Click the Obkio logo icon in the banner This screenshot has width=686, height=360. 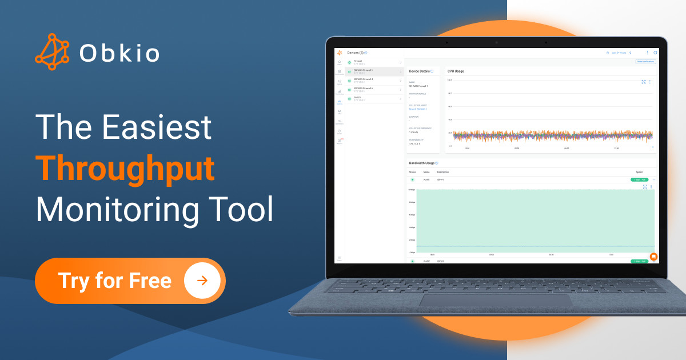[53, 52]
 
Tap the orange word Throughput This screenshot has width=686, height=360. [125, 169]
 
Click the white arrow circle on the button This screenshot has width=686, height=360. [202, 281]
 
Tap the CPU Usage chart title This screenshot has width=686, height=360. [456, 71]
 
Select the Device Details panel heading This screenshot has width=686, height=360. [420, 71]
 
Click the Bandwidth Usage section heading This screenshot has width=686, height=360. [421, 163]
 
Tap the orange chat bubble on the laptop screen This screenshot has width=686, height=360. [653, 257]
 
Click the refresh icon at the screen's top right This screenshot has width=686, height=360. [655, 53]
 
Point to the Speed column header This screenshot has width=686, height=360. [639, 172]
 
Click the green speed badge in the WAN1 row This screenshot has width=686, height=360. [639, 179]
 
